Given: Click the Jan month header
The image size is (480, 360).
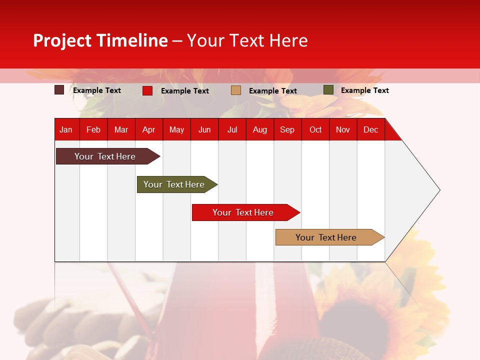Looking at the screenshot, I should [x=66, y=129].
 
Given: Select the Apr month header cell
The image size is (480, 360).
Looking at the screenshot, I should [x=148, y=129].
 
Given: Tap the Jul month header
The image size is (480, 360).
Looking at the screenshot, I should [x=232, y=129].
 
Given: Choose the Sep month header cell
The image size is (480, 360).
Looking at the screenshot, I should [x=287, y=129].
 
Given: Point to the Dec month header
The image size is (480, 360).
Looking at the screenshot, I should [x=370, y=129].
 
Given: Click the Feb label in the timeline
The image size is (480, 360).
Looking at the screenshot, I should [x=93, y=129].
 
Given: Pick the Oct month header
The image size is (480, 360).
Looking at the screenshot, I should [x=315, y=129].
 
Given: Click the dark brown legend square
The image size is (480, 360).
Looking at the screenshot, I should [x=59, y=90].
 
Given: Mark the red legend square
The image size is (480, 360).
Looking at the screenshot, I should [x=147, y=90].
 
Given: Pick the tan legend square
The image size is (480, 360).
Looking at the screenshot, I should [x=236, y=90].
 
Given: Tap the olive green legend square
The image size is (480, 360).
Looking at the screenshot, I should [x=328, y=90].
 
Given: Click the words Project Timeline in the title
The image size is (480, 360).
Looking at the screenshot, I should [x=100, y=40].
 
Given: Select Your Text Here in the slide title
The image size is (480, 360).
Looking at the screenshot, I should [x=247, y=40].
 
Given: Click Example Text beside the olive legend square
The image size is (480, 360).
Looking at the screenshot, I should [x=364, y=90].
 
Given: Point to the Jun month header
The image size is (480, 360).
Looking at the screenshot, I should [x=204, y=129].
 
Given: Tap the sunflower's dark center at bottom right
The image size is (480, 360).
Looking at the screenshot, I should [x=355, y=325].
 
